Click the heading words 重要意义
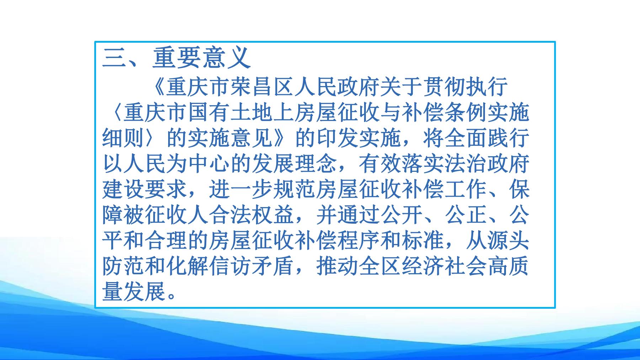coord(202,58)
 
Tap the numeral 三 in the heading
coord(113,58)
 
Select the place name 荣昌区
coord(262,87)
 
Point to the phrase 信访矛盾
coord(252,266)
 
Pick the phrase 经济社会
coord(444,266)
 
